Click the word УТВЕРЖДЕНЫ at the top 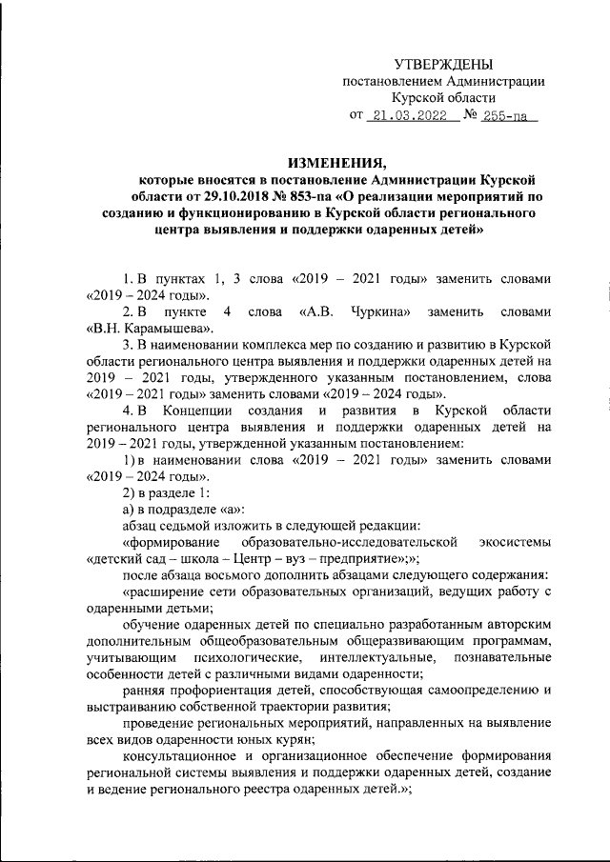point(443,65)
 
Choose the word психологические point(246,659)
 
